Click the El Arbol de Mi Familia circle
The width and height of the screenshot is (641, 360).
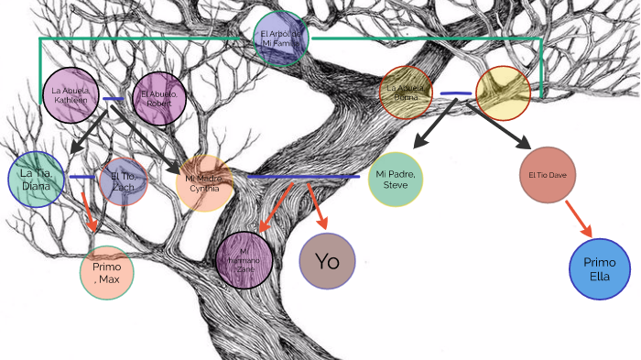(281, 38)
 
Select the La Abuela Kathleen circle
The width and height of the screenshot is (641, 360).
(71, 94)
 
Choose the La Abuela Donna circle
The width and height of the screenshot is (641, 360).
(407, 93)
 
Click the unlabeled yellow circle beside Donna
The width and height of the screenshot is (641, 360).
(502, 93)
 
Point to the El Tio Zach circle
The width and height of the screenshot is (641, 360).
(124, 180)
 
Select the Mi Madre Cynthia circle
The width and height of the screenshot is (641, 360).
(203, 183)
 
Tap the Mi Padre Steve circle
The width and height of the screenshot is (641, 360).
(396, 179)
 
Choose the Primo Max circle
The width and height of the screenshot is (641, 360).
(107, 272)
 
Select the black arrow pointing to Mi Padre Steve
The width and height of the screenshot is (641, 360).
(434, 125)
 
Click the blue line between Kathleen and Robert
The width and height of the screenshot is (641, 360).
(114, 99)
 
